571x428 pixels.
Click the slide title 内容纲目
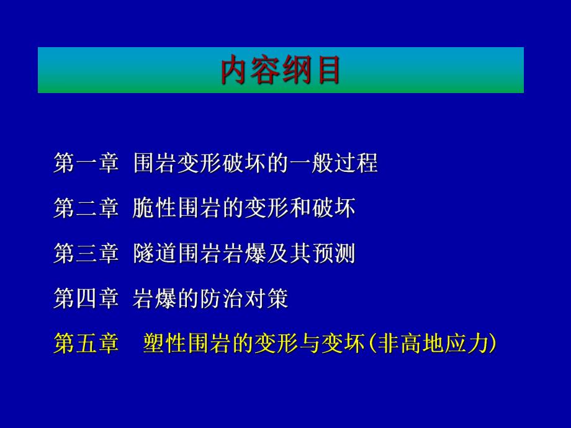point(281,71)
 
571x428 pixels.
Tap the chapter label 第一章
point(86,164)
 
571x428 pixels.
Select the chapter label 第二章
point(86,209)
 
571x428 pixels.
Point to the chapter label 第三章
point(86,254)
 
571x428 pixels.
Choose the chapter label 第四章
point(86,300)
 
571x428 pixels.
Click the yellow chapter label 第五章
point(86,344)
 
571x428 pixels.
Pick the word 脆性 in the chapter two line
point(155,209)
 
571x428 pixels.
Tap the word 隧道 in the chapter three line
point(155,254)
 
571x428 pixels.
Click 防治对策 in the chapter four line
point(244,300)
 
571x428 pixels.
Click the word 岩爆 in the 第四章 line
point(155,300)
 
